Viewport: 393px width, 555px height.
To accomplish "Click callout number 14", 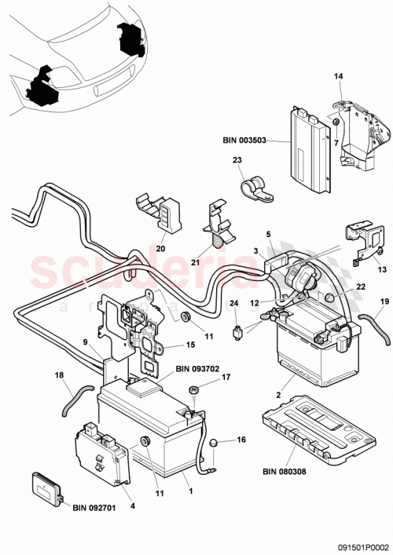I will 339,76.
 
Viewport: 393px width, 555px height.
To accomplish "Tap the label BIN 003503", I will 245,141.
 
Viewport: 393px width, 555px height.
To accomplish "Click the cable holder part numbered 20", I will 160,208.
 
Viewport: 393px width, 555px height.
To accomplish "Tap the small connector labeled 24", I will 233,330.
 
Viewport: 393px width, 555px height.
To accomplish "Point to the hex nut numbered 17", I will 193,389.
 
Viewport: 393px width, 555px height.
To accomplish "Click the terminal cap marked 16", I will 211,446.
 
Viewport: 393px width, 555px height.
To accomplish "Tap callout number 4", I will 131,506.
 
